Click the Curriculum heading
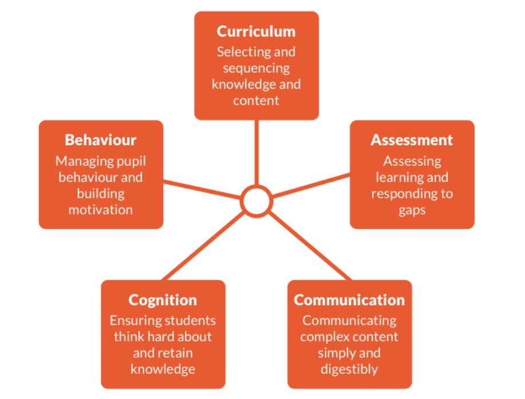[256, 31]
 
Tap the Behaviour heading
[101, 140]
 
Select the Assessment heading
[412, 140]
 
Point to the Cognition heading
[163, 300]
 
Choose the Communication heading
[349, 300]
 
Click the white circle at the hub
[255, 201]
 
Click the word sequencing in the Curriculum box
[256, 68]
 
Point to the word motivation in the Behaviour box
[101, 210]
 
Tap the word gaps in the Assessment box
[412, 210]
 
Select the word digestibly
[349, 369]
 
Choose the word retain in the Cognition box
[184, 353]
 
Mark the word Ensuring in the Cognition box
[133, 321]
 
